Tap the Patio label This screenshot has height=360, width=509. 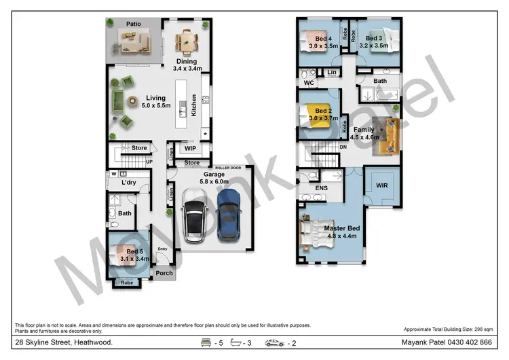point(133,24)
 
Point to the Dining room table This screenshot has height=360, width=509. point(186,42)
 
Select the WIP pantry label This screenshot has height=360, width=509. point(191,147)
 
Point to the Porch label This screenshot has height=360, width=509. point(164,273)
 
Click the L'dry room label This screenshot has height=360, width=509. point(129,183)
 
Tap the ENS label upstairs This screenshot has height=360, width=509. point(321,188)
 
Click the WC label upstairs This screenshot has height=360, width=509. point(308,83)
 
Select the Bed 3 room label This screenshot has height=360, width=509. point(375,38)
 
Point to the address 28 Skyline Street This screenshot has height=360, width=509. point(64,343)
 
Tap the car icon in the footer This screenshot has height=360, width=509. point(275,344)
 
